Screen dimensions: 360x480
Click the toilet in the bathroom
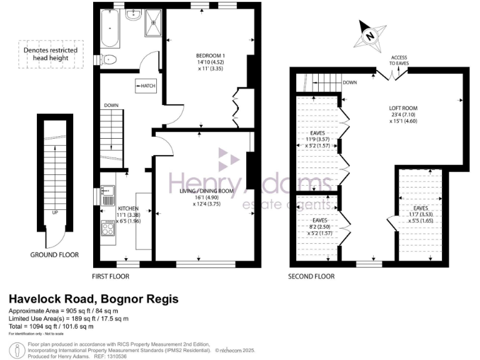[x=108, y=61]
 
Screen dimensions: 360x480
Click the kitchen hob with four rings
[x=107, y=229]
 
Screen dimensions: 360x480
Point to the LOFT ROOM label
[x=403, y=108]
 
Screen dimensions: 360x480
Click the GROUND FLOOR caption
[x=54, y=255]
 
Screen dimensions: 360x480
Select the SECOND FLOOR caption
[x=311, y=276]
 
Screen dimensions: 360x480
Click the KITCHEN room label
[x=128, y=208]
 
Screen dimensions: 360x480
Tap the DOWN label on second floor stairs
[x=349, y=82]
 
